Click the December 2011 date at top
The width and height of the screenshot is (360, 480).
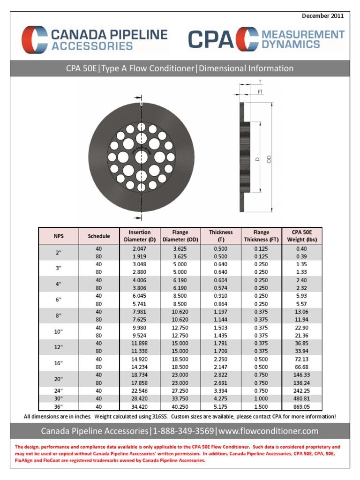(323, 16)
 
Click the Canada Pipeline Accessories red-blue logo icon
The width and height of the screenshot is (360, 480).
(34, 39)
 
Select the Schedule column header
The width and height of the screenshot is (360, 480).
(99, 236)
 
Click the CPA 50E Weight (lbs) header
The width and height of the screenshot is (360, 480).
(301, 236)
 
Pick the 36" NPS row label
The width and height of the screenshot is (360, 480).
(59, 406)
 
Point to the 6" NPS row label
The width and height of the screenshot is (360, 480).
(59, 300)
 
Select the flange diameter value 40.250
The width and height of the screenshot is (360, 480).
(180, 406)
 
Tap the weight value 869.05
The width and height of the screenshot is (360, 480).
(301, 406)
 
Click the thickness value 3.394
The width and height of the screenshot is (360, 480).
(220, 390)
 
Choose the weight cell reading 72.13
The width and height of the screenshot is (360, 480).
(301, 359)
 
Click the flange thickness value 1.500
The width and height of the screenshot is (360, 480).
(261, 406)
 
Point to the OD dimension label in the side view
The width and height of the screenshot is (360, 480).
(269, 159)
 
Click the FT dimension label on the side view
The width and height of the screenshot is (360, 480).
(260, 92)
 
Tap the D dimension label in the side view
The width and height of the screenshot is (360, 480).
(257, 159)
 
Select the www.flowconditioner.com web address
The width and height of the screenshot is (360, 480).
(268, 431)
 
